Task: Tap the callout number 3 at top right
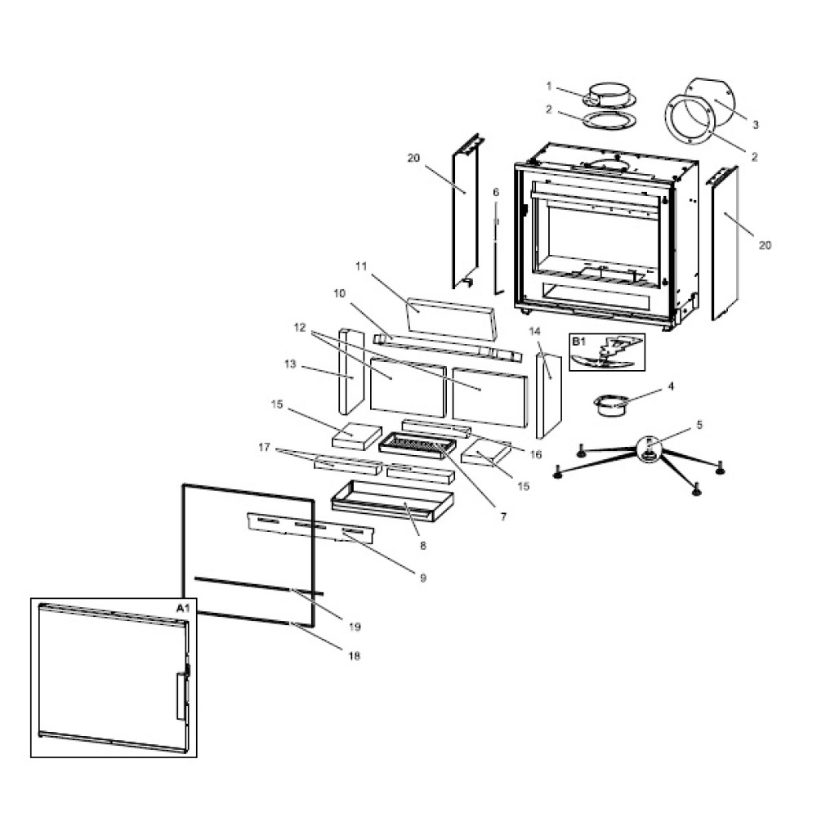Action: point(756,125)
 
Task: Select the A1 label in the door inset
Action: point(182,608)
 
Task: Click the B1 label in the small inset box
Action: point(578,341)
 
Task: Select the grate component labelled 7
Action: point(417,445)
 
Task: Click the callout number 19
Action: point(355,627)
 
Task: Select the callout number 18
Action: point(354,655)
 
